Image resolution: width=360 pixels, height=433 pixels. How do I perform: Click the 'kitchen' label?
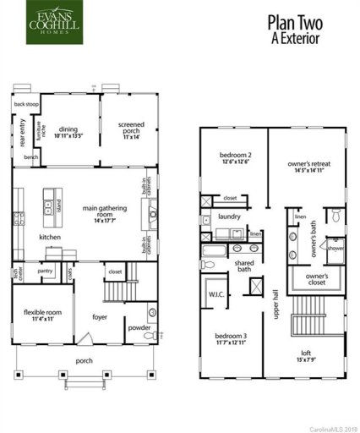[50, 238]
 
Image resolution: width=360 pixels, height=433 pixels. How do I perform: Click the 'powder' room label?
[139, 328]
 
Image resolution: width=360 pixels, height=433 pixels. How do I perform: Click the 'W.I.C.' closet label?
[215, 295]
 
